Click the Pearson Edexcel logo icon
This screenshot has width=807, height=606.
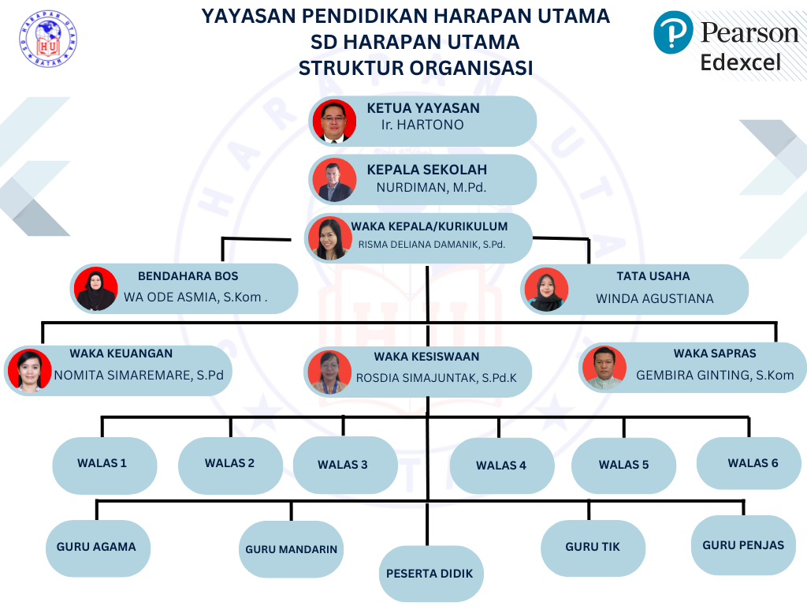[x=673, y=33]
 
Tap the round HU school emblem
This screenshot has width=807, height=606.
[x=48, y=39]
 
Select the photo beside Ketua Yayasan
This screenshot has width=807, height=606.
[x=334, y=121]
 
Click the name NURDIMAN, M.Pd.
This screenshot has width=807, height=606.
[x=431, y=188]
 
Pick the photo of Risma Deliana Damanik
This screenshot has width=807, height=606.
[x=330, y=238]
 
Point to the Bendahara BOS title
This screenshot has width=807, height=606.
[x=188, y=276]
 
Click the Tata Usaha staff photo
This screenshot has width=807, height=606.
[x=545, y=290]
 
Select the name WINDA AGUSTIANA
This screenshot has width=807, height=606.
[x=654, y=298]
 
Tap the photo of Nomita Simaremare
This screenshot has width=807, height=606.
[x=29, y=369]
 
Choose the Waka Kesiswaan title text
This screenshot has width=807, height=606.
[x=426, y=357]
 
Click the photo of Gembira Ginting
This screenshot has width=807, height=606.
[x=604, y=368]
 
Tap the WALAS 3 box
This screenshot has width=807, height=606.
[x=344, y=466]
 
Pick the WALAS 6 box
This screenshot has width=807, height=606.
[x=749, y=463]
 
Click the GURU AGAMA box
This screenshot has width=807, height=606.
[x=97, y=547]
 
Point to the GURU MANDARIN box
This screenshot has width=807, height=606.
[x=291, y=550]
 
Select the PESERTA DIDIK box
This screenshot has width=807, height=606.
[x=430, y=574]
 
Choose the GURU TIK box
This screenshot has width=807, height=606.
[x=593, y=547]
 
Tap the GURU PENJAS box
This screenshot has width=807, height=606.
[x=742, y=545]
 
